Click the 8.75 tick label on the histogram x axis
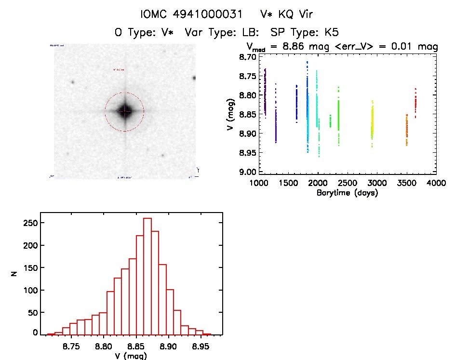click(x=71, y=347)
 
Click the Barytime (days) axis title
click(x=347, y=193)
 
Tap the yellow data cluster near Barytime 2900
click(x=372, y=125)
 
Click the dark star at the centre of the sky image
click(x=125, y=111)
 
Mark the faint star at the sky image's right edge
click(x=194, y=78)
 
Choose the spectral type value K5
click(x=331, y=33)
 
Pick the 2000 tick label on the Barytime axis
click(x=318, y=184)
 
